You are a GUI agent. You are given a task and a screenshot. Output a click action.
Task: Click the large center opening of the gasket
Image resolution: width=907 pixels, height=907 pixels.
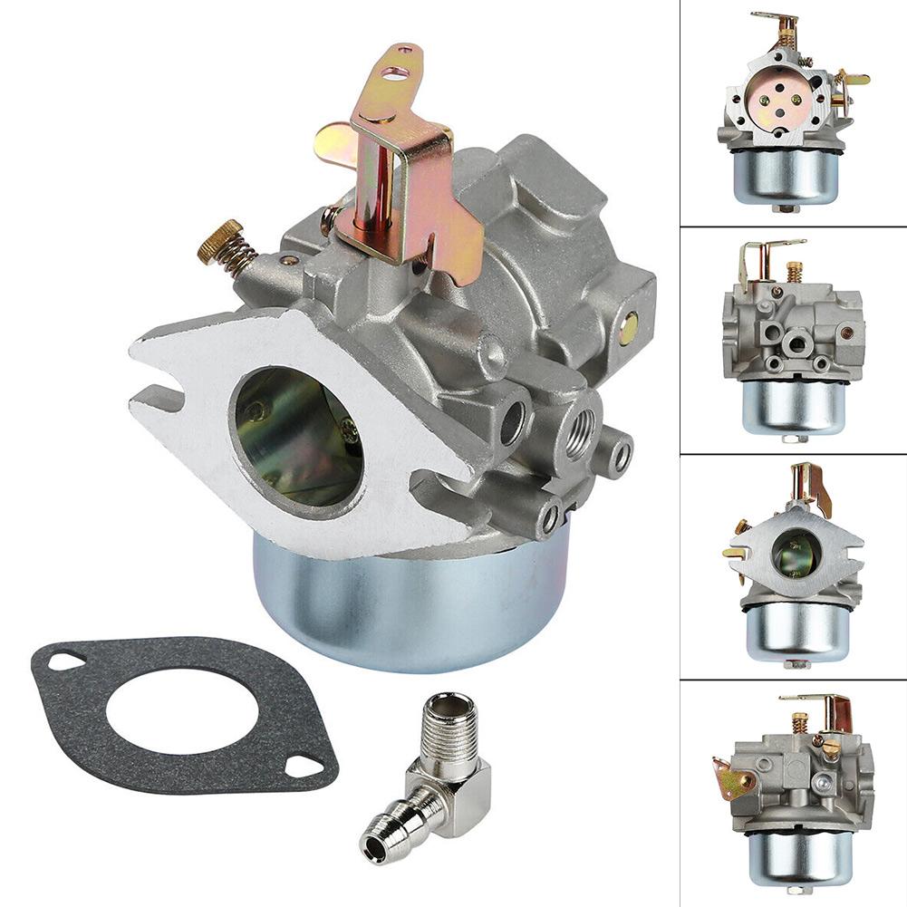point(181,716)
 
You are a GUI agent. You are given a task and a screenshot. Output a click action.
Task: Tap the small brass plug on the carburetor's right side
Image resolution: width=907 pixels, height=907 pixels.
point(627,328)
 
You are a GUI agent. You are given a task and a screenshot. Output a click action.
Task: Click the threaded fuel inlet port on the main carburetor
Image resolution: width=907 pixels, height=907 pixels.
point(577,422)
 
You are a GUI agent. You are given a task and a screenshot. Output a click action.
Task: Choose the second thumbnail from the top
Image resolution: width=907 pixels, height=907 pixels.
point(793,339)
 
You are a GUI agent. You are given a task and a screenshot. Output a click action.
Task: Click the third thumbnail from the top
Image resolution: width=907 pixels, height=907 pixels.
point(793,565)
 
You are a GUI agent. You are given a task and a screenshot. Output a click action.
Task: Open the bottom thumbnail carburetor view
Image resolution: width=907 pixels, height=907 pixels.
point(793,793)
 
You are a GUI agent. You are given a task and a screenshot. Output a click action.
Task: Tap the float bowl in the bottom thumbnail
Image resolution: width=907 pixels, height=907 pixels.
point(798,856)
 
